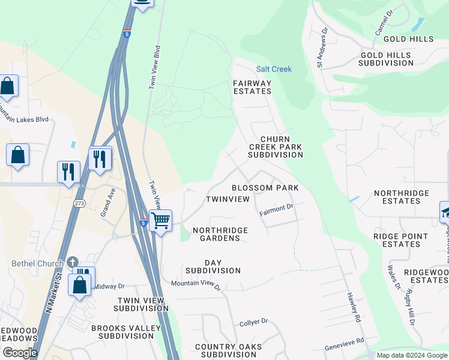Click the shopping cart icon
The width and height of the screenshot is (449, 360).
coord(160,220)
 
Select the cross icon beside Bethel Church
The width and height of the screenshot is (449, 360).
coord(73,263)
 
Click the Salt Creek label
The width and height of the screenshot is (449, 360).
coord(274,69)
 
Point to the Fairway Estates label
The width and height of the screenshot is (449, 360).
coord(252,87)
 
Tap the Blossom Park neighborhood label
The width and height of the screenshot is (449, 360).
coord(265,188)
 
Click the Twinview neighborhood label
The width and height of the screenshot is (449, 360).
coord(228,199)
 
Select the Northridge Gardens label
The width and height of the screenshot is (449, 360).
coord(216,234)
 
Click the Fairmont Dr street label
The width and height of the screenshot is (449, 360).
coord(276,210)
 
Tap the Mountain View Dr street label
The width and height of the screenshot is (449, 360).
coord(196,284)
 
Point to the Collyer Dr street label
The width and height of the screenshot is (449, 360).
coord(253,322)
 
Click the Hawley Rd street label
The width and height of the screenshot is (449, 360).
coord(353,308)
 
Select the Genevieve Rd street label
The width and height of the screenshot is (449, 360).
coord(345,344)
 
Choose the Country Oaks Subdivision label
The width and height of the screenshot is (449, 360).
coord(228,350)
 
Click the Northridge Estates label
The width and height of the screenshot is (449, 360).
coord(402,197)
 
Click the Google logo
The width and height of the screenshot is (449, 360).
coord(20,353)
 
